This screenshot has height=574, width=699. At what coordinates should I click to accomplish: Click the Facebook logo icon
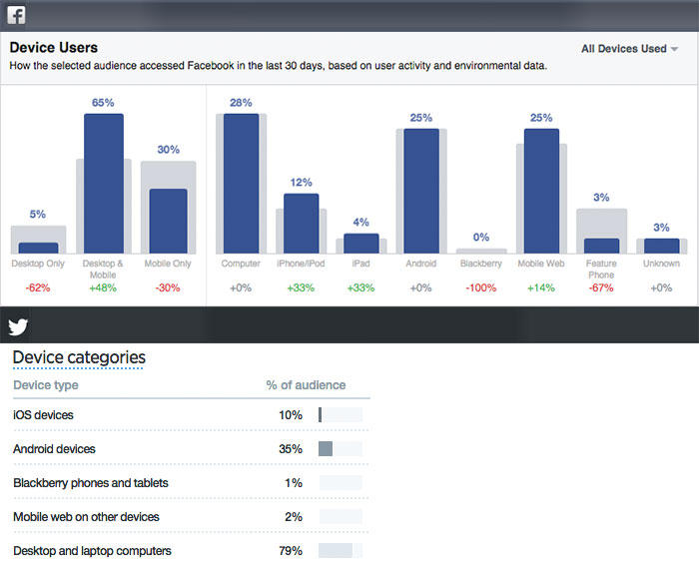[x=17, y=14]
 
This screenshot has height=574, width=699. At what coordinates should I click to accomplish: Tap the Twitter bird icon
[x=18, y=326]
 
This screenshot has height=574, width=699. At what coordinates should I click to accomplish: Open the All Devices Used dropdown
[x=629, y=48]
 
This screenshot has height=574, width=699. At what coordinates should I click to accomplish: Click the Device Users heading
[x=54, y=47]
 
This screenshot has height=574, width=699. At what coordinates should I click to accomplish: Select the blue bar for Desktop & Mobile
[x=103, y=184]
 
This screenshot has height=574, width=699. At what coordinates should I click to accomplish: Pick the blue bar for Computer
[x=241, y=184]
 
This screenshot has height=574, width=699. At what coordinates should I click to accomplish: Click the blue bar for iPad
[x=361, y=244]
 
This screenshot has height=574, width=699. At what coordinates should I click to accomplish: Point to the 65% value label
[x=103, y=102]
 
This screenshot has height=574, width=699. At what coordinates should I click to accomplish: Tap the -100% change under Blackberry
[x=481, y=287]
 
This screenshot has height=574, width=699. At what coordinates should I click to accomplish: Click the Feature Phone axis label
[x=601, y=270]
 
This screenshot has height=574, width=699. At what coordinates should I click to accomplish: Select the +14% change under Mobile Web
[x=541, y=287]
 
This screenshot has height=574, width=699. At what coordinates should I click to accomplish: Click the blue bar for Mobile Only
[x=168, y=221]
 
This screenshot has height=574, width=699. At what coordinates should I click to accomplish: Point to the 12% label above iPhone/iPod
[x=301, y=182]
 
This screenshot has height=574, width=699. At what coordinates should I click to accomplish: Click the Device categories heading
[x=79, y=357]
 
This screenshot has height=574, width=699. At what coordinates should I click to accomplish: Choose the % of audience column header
[x=306, y=385]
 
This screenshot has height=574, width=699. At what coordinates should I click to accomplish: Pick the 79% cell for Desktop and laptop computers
[x=291, y=551]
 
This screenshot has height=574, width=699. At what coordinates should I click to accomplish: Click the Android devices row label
[x=54, y=449]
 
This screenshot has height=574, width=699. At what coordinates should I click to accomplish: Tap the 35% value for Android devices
[x=291, y=449]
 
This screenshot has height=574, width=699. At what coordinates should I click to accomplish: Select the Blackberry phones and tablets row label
[x=90, y=483]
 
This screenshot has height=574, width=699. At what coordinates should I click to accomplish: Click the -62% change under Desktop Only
[x=38, y=287]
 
